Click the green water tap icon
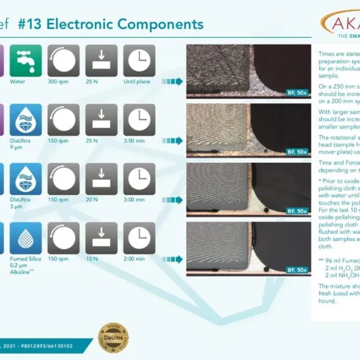[x=25, y=61]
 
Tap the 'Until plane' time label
[x=139, y=81]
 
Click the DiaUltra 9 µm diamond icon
[x=25, y=119]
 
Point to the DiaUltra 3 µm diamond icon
[x=25, y=178]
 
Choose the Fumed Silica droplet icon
[x=25, y=238]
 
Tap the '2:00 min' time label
[x=139, y=258]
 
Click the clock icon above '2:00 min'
[x=139, y=238]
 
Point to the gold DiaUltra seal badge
[x=113, y=338]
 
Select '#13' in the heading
[x=29, y=25]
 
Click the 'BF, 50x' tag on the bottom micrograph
[x=296, y=270]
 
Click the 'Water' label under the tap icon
[x=25, y=81]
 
